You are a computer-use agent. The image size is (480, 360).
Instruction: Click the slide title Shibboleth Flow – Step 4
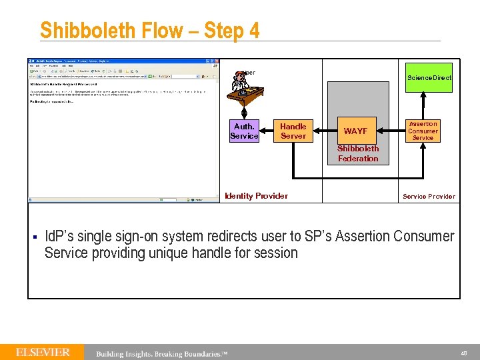(x=149, y=31)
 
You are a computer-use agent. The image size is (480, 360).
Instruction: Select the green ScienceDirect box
(x=429, y=77)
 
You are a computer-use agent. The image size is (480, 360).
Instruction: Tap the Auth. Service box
(x=244, y=131)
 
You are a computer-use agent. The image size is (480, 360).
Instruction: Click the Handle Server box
(x=293, y=131)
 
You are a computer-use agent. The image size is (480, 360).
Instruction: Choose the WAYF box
(x=355, y=131)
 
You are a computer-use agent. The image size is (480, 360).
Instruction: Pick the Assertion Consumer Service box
(x=423, y=131)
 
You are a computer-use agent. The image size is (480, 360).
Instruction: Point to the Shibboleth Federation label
(x=358, y=154)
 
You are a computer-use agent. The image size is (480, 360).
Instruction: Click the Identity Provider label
(x=257, y=196)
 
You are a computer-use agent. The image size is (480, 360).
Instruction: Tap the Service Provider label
(x=429, y=197)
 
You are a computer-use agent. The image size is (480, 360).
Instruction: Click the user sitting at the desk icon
(x=241, y=87)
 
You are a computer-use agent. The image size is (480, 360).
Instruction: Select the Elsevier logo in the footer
(x=43, y=352)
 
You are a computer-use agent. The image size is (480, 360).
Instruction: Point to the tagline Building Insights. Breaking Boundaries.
(x=161, y=353)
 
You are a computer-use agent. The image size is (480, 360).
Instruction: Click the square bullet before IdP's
(x=33, y=237)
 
